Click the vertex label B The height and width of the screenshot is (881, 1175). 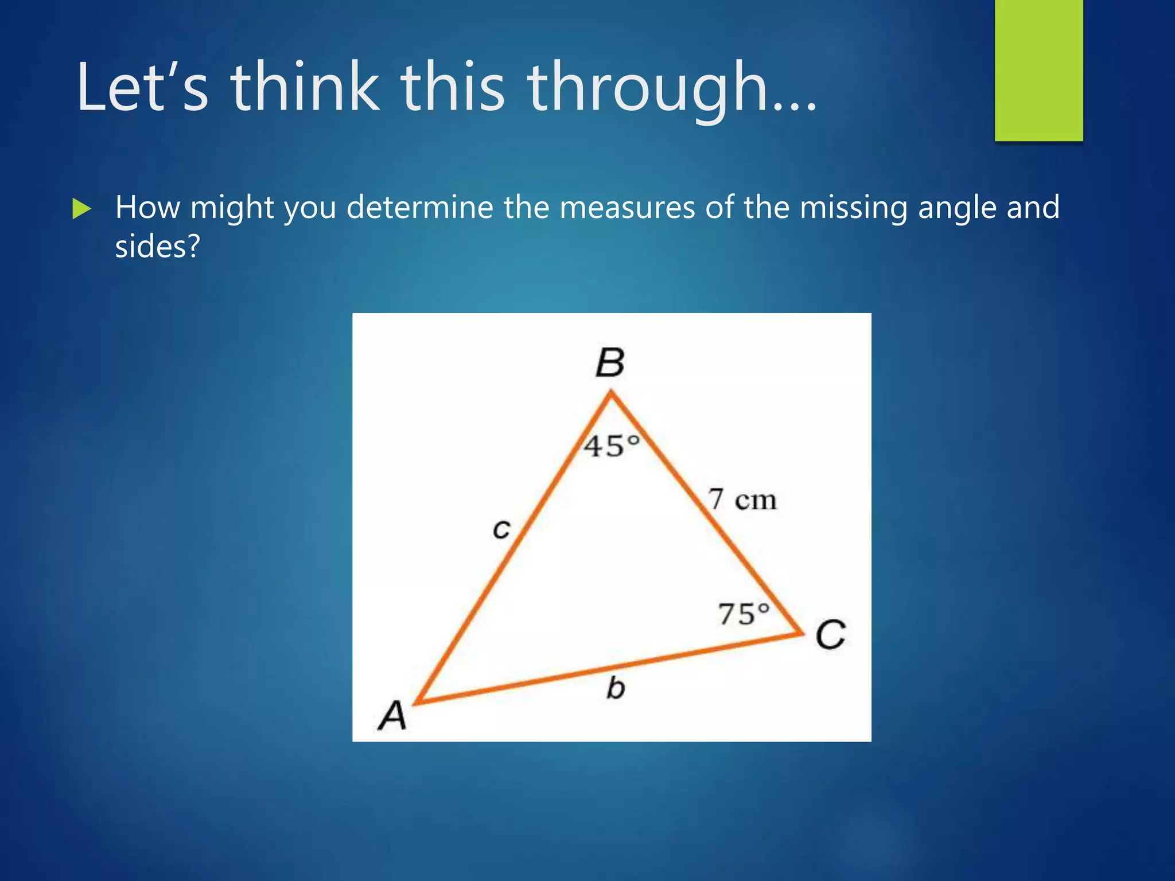coord(610,363)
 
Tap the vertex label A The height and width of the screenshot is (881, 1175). coord(392,716)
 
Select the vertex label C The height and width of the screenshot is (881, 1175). coord(831,635)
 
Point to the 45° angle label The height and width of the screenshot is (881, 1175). coord(612,446)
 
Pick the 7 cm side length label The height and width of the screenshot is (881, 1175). coord(742,499)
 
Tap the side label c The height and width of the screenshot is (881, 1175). coord(501,529)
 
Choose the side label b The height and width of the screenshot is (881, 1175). coord(616,688)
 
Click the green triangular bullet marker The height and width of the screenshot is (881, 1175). coord(81,209)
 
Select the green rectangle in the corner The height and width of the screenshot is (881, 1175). coord(1038,70)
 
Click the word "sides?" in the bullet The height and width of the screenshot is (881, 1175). coord(157,247)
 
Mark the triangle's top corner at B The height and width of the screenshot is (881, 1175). coord(612,393)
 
